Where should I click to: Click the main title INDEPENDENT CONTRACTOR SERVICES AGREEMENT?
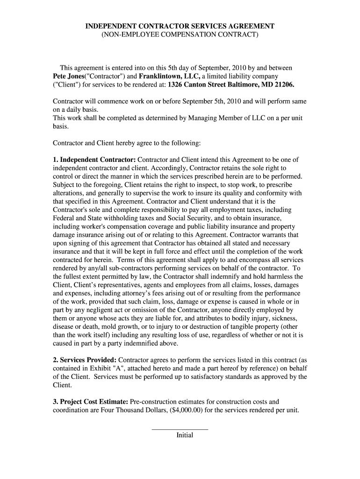coord(180,26)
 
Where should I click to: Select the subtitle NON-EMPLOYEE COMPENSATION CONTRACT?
coord(180,35)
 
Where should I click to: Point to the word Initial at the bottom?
coord(185,435)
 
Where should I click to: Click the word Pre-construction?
coord(154,401)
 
